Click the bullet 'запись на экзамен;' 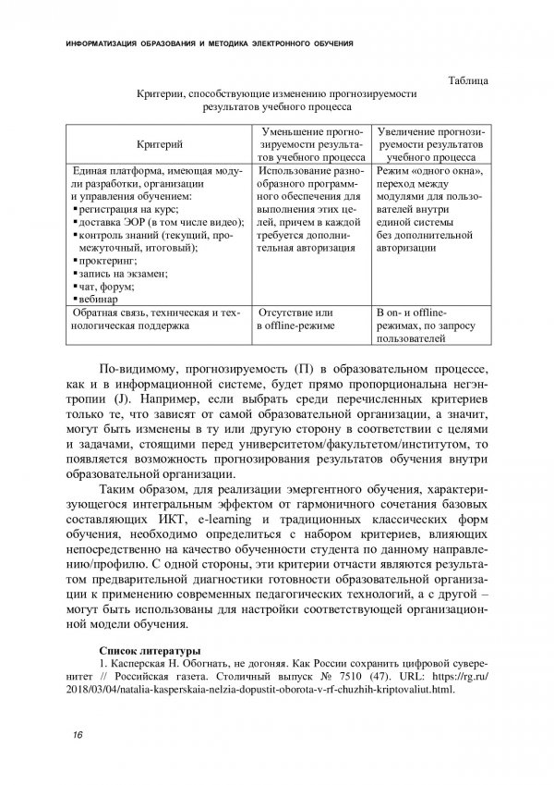118,274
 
